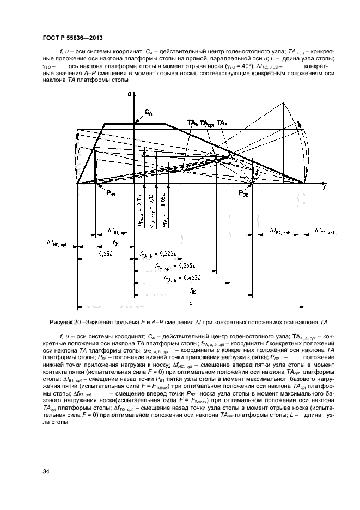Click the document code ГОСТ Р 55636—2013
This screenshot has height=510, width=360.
72,38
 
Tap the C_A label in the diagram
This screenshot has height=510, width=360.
149,113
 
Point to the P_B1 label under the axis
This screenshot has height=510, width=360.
110,193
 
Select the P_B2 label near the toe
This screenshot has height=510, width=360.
243,193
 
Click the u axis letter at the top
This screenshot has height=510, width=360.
130,94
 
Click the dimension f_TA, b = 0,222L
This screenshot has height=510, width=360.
161,254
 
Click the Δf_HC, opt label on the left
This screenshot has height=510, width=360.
56,245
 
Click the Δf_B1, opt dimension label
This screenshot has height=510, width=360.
117,230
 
